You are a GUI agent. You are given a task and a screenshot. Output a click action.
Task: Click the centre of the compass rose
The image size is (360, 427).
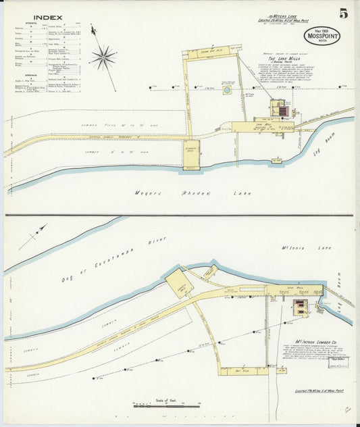[x=103, y=57]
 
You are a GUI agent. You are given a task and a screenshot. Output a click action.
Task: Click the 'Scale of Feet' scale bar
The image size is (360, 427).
[x=166, y=404]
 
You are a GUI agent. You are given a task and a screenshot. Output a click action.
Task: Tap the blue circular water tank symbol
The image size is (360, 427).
[x=227, y=89]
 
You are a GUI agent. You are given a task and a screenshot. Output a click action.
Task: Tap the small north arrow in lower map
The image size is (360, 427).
[x=30, y=238]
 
